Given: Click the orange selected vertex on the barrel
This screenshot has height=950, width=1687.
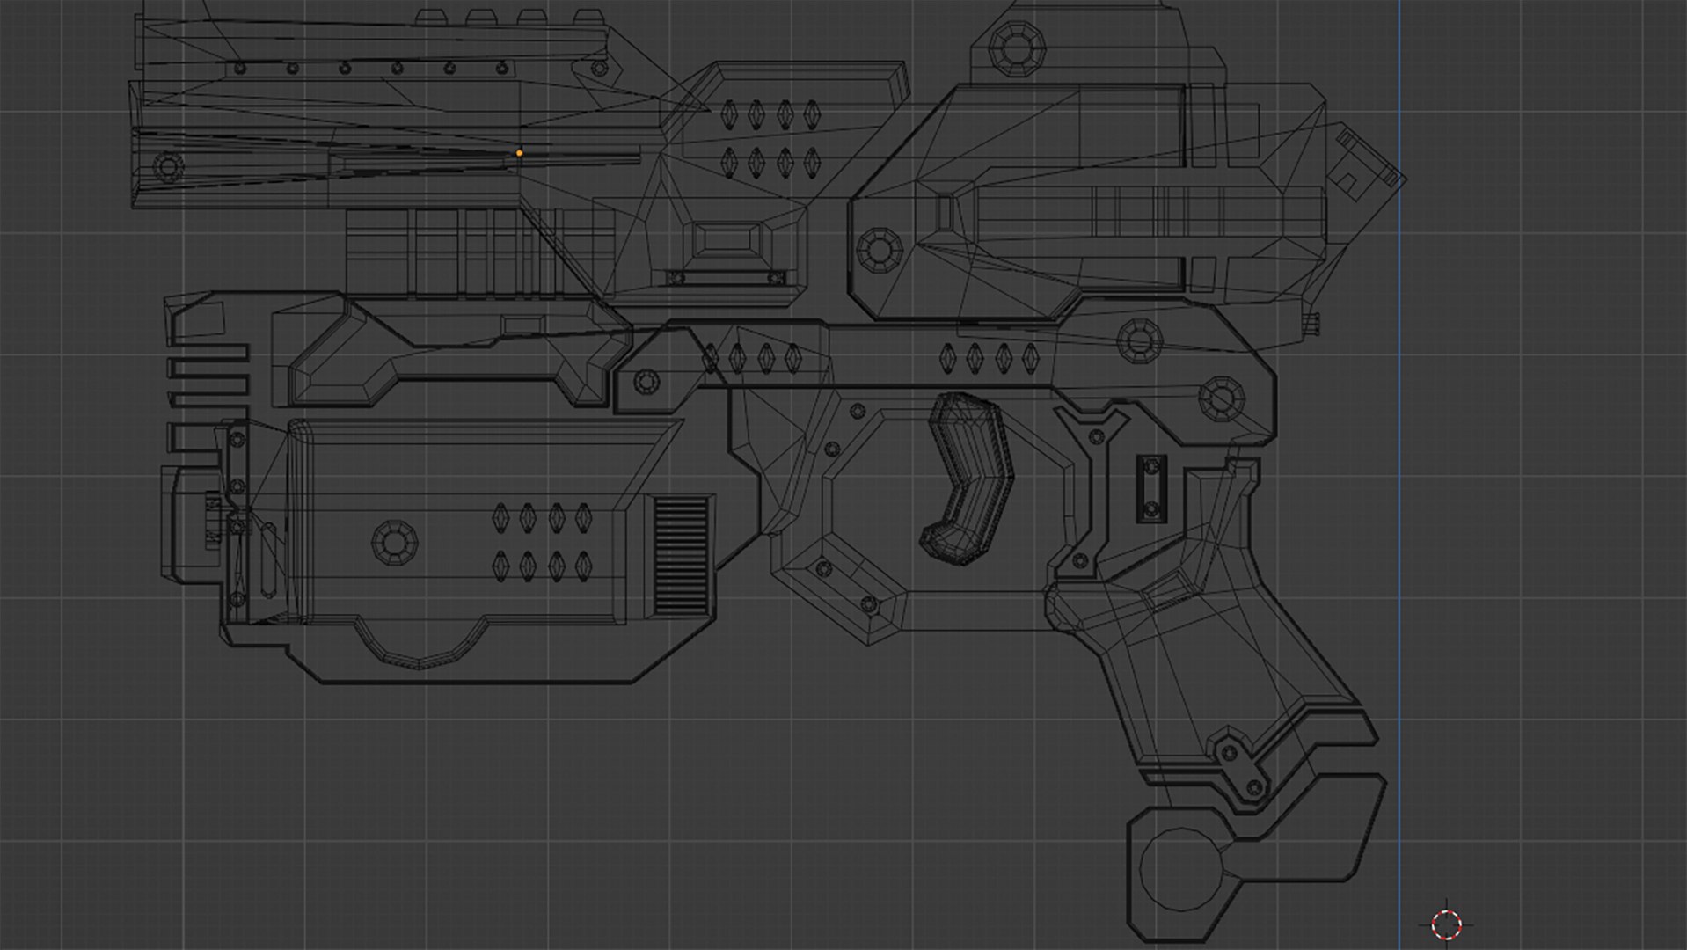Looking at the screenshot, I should point(519,153).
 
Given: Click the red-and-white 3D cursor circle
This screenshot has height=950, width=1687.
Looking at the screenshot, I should point(1446,924).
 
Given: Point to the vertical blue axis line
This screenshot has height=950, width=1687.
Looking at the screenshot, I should point(1399,528).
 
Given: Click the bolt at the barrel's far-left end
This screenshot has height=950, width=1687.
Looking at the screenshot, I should point(168,164).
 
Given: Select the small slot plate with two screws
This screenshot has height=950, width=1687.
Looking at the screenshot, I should point(1150,488).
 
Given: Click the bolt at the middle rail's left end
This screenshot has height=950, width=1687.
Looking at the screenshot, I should point(646,383).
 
